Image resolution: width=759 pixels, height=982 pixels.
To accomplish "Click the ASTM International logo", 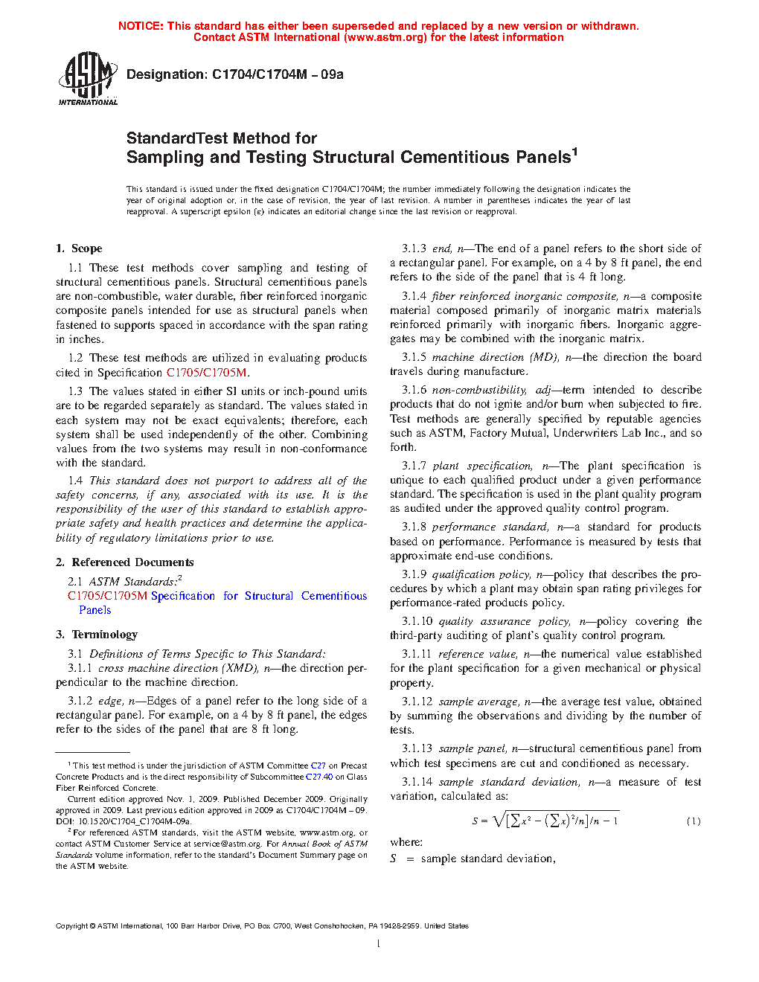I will point(88,78).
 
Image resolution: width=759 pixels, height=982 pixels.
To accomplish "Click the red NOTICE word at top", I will point(141,26).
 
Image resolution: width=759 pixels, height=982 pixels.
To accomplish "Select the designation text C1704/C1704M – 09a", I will point(278,74).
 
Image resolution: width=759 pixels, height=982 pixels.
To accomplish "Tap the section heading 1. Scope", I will point(79,248).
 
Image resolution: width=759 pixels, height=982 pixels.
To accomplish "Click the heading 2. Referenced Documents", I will point(124,562).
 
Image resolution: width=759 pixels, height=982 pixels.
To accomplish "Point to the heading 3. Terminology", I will point(97,635).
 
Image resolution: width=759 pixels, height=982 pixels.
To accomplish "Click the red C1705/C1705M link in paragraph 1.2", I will point(206,373).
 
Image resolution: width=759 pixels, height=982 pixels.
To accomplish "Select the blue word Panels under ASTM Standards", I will point(95,610).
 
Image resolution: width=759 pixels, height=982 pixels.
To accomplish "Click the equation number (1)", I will point(693,821).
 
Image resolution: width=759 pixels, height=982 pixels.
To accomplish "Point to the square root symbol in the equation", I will point(498,820).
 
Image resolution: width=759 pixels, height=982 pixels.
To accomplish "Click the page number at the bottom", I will point(379,944).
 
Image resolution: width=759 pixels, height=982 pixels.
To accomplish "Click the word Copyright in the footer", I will point(71,926).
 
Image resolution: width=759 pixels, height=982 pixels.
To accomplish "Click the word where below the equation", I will point(406,842).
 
